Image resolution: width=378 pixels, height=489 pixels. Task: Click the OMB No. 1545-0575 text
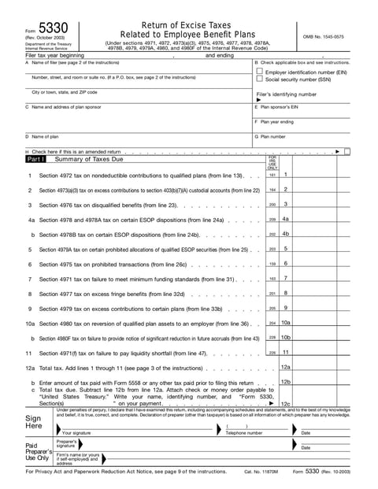(324, 36)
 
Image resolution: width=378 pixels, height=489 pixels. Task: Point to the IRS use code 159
(272, 264)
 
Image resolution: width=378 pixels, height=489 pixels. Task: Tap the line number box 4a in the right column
(286, 219)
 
